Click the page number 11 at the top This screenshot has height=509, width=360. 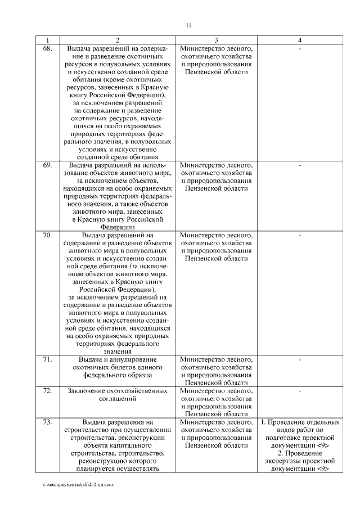[188, 25]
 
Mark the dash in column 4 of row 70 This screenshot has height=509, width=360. [300, 235]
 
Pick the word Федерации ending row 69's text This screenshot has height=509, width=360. [117, 226]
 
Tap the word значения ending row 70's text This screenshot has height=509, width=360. [117, 350]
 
